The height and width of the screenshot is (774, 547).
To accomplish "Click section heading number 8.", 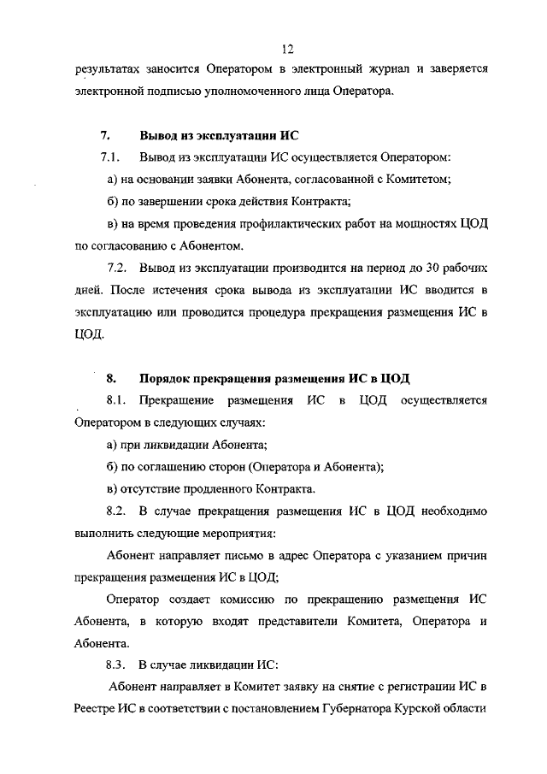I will point(110,377).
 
